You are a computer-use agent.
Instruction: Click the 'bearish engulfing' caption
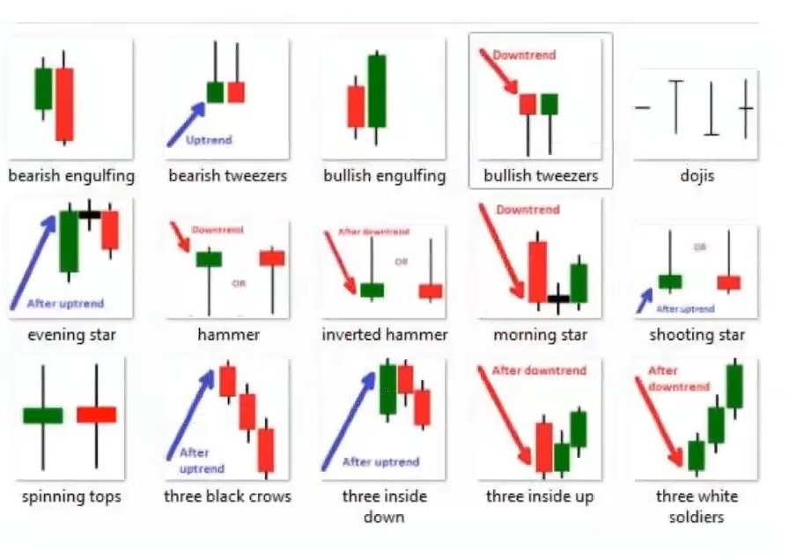point(71,176)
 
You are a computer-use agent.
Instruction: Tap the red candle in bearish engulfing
point(64,103)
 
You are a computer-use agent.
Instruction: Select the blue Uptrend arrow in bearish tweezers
point(186,123)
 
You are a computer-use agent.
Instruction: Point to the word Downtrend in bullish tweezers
point(524,55)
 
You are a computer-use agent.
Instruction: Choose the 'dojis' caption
point(697,176)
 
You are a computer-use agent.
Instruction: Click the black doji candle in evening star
point(89,214)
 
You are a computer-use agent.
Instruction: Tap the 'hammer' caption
point(228,335)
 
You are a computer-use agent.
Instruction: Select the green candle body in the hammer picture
point(209,259)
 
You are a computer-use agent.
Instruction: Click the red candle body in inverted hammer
point(431,291)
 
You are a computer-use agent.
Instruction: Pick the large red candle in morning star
point(537,271)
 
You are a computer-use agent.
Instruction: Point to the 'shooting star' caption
point(697,335)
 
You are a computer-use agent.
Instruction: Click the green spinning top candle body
point(42,415)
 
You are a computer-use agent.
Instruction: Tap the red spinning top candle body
point(96,414)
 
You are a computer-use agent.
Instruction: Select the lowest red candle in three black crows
point(266,450)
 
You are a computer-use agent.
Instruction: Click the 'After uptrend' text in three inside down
point(380,461)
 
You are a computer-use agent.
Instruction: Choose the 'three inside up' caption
point(540,496)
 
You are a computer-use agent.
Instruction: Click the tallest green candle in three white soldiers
point(735,386)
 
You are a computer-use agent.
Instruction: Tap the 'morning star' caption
point(540,335)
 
